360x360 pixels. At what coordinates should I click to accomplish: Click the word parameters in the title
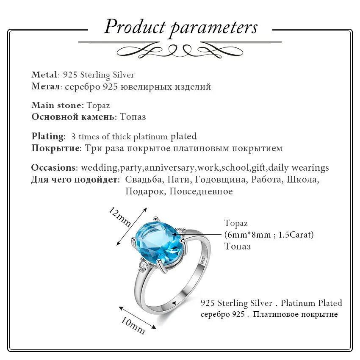213,28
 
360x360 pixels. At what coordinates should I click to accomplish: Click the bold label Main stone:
58,105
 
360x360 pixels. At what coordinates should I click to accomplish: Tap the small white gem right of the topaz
181,231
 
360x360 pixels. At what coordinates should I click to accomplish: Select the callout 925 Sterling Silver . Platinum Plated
271,303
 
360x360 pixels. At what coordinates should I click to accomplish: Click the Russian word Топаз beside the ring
237,246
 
